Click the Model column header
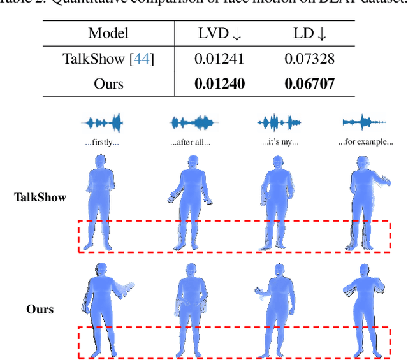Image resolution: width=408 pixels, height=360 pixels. click(x=108, y=33)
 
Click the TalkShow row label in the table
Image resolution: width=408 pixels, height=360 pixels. click(x=92, y=59)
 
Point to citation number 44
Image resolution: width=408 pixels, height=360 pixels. click(x=142, y=59)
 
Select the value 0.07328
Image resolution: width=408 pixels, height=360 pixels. click(x=309, y=59)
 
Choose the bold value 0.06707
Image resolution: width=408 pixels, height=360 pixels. click(x=309, y=83)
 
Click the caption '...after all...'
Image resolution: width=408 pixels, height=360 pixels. click(x=191, y=142)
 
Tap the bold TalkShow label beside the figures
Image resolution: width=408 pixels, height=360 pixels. click(x=40, y=197)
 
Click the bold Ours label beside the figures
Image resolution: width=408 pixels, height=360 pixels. click(x=40, y=310)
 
